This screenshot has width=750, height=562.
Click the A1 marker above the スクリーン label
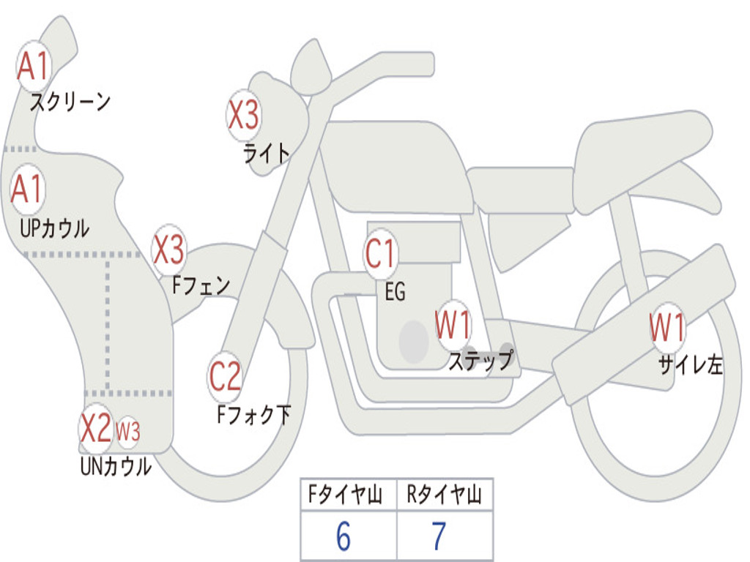[x=34, y=66]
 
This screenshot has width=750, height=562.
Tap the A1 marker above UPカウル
[x=28, y=190]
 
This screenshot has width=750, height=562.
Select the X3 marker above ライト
[x=243, y=116]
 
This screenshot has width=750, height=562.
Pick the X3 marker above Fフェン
[x=169, y=250]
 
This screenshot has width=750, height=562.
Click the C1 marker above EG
[x=381, y=254]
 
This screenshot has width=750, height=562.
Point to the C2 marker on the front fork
[x=226, y=377]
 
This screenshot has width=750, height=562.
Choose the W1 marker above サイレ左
[x=667, y=328]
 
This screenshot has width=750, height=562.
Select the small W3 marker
[x=128, y=432]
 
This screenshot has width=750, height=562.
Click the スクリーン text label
[x=70, y=102]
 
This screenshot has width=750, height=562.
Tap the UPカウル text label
[x=54, y=228]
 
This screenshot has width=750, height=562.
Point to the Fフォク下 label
[x=253, y=414]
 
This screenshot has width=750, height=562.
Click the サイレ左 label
[x=690, y=365]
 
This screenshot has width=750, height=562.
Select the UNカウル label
[x=116, y=466]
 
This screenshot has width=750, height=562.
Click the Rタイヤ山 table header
[x=445, y=495]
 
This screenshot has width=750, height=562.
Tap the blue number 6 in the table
[x=344, y=536]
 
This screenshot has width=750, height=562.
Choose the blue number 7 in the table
[x=439, y=536]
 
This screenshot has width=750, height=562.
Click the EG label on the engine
[x=395, y=291]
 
